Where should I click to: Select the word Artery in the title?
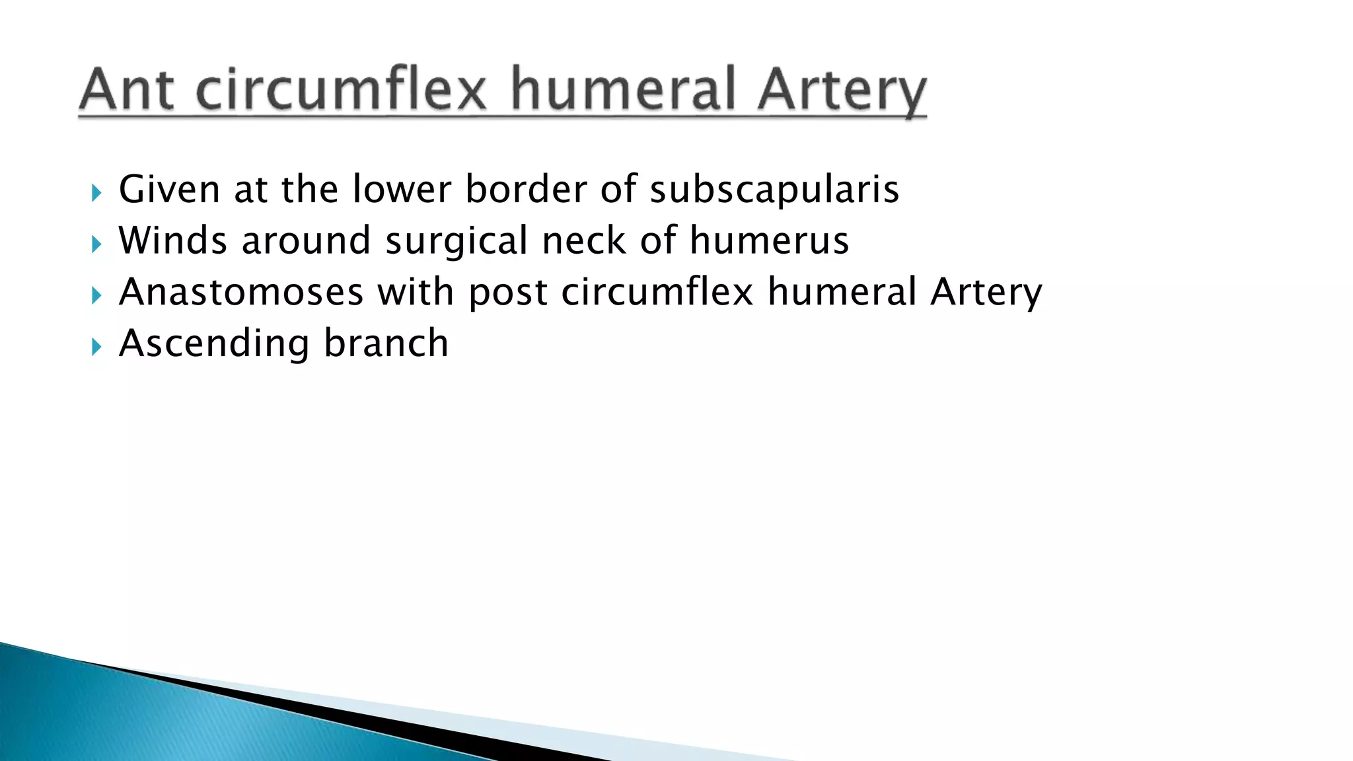pos(842,91)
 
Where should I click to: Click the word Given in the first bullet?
pos(169,189)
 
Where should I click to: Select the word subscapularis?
pos(774,190)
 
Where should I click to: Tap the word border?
pos(525,189)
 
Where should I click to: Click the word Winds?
pos(172,240)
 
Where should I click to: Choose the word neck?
pos(583,240)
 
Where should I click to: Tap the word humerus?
pos(769,240)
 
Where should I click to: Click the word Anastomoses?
pos(241,291)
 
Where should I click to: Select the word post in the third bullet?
pos(508,293)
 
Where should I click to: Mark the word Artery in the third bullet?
pos(986,293)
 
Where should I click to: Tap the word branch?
pos(386,343)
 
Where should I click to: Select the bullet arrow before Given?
pos(96,193)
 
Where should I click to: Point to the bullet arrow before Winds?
pos(96,244)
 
